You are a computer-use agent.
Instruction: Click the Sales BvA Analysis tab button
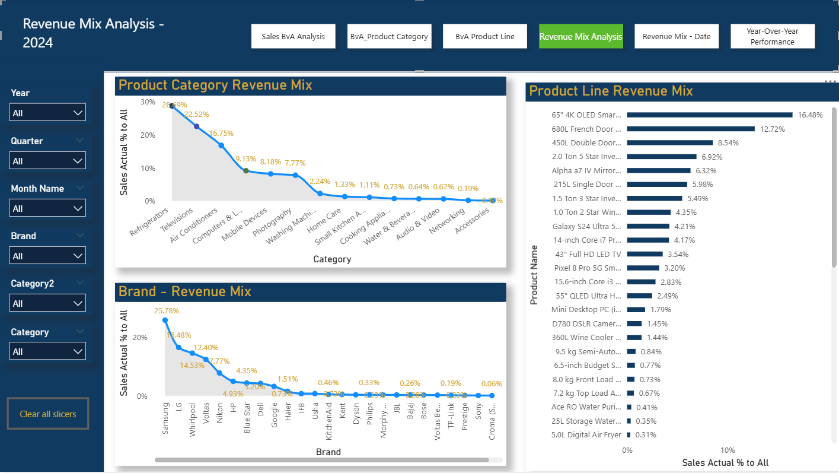[x=293, y=36]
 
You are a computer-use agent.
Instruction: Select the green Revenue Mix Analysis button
[x=580, y=36]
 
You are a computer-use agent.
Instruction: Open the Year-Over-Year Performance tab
[x=772, y=36]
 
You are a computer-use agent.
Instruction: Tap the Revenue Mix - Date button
[x=677, y=36]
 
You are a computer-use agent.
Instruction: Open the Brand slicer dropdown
[x=47, y=256]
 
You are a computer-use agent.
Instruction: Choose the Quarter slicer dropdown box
[x=47, y=161]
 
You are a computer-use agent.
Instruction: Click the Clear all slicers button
[x=48, y=414]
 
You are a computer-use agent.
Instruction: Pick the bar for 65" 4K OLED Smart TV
[x=709, y=115]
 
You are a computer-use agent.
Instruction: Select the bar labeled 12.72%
[x=690, y=129]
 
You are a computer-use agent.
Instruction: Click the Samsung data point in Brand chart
[x=165, y=320]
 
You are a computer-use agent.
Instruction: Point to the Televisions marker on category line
[x=196, y=126]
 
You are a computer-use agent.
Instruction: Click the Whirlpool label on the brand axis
[x=192, y=420]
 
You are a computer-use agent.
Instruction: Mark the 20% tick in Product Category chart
[x=148, y=135]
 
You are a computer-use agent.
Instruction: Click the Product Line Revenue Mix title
[x=611, y=91]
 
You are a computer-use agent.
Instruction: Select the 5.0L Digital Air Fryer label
[x=586, y=435]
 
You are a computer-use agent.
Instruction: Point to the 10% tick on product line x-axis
[x=728, y=450]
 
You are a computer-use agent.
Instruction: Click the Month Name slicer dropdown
[x=47, y=208]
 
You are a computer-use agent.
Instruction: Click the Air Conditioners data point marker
[x=221, y=145]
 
